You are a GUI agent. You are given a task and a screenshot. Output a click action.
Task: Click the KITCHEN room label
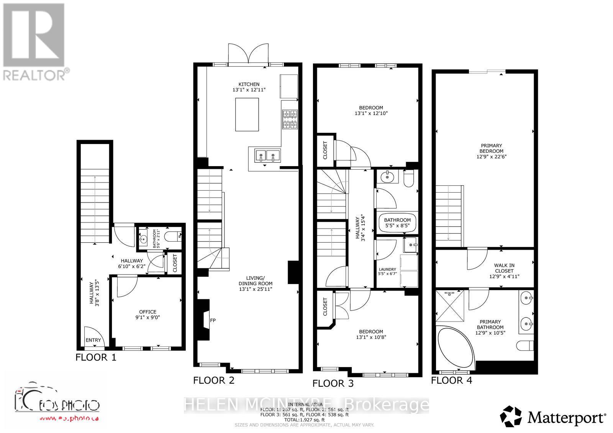click(249, 84)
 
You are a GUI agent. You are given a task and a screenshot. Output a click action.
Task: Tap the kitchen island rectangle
click(247, 114)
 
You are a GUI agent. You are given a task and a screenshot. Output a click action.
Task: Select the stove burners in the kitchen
click(290, 119)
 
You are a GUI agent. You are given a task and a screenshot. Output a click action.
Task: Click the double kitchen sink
click(267, 155)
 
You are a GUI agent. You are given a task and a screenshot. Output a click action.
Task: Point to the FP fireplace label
click(213, 320)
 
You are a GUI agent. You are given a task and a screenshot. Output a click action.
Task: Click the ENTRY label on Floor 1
click(93, 340)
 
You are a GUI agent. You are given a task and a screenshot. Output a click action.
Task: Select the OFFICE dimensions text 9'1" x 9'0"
click(148, 317)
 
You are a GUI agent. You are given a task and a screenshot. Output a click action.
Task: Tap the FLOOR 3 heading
click(333, 383)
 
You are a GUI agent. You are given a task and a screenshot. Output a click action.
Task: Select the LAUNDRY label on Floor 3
click(387, 270)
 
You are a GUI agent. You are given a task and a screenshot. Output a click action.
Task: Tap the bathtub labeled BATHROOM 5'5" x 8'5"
click(397, 222)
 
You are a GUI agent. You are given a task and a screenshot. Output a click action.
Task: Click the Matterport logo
click(553, 416)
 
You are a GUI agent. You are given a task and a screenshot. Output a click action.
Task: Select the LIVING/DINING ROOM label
click(255, 281)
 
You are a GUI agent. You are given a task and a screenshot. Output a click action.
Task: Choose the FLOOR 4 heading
click(451, 380)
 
